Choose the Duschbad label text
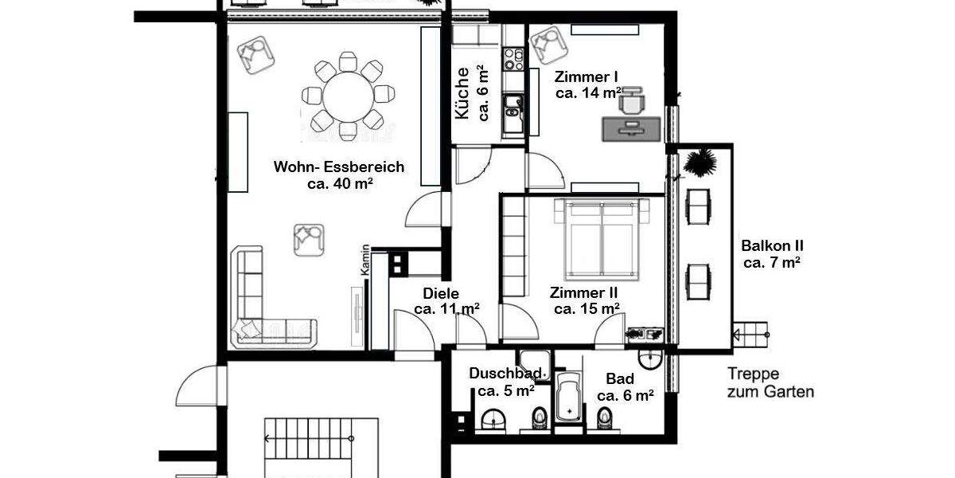click(x=505, y=374)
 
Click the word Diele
click(x=441, y=293)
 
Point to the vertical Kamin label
click(x=365, y=260)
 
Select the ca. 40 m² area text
click(x=340, y=182)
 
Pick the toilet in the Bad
click(x=605, y=417)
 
